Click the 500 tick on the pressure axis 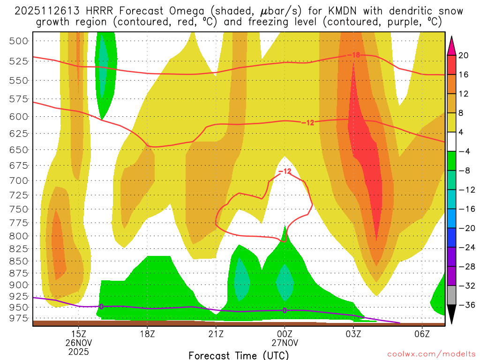pos(19,41)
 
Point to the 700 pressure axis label pos(19,180)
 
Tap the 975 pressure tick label pos(19,318)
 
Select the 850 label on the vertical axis pos(19,261)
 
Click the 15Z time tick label pos(78,334)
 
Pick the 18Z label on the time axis pos(147,334)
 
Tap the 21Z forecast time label pos(216,334)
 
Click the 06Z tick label pos(422,334)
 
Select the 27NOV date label pos(285,343)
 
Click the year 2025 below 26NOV pos(78,351)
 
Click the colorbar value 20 pos(464,55)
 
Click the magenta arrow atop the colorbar pos(452,44)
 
